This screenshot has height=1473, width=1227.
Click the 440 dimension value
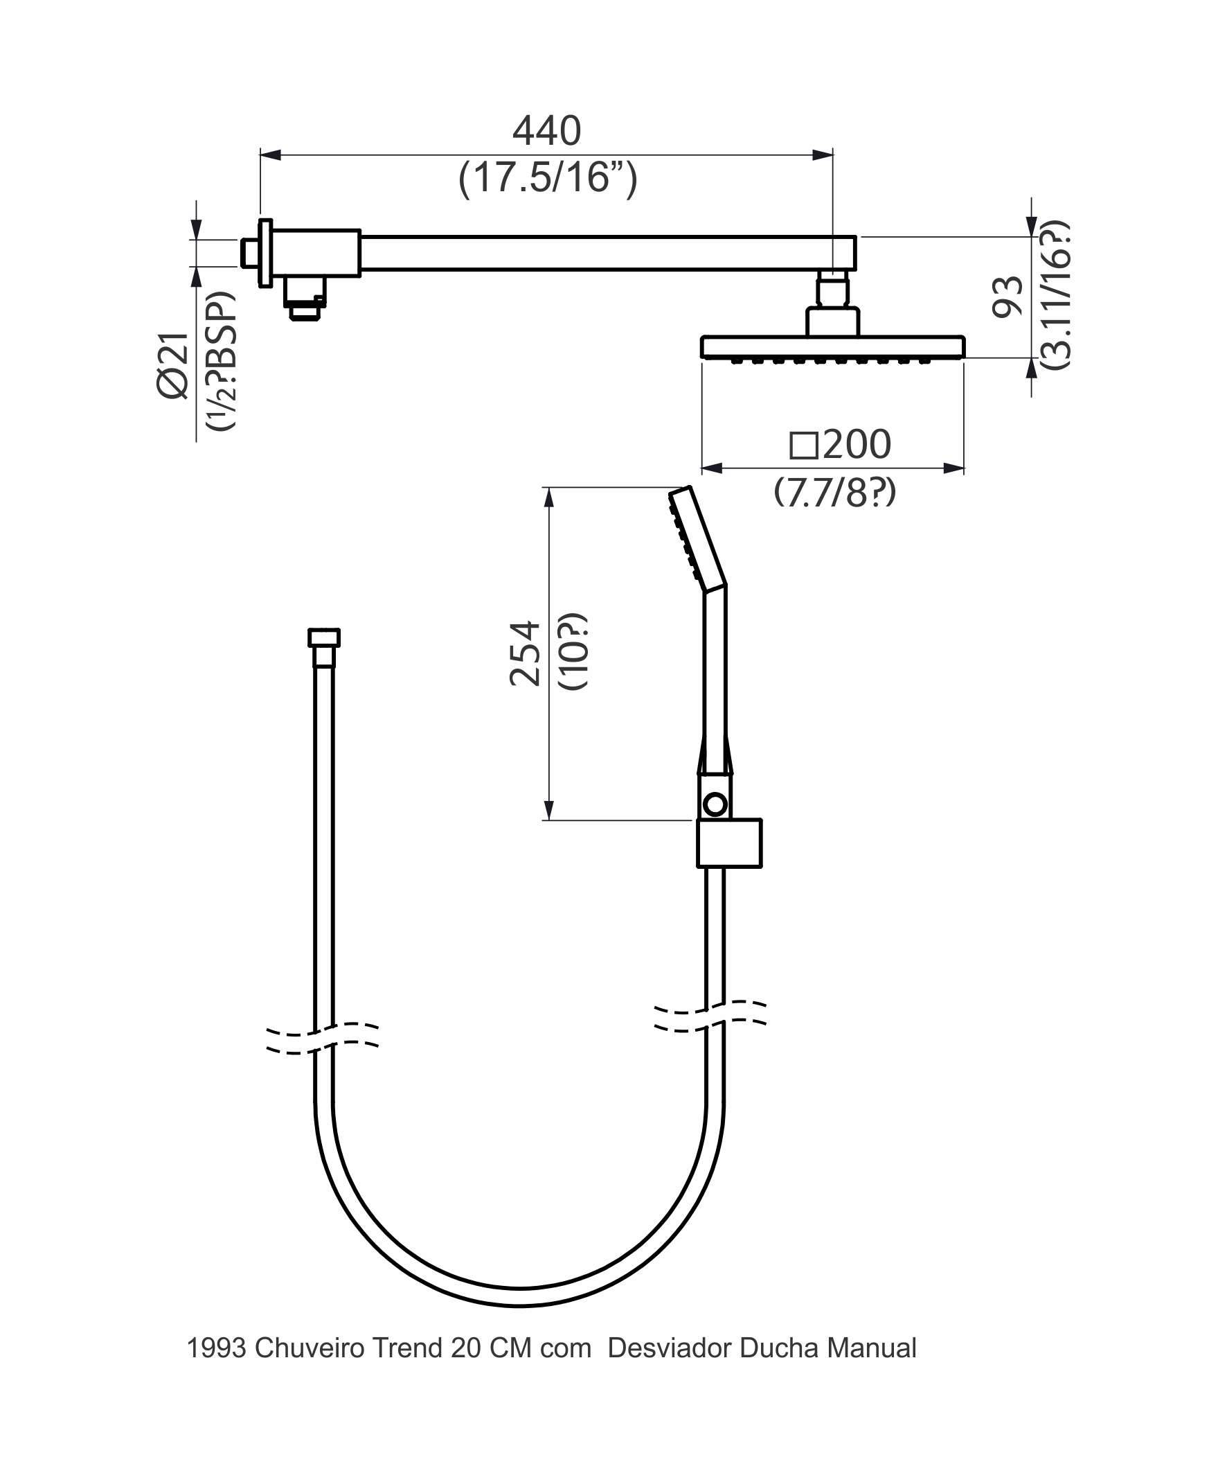546,131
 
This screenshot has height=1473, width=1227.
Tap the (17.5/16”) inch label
548,178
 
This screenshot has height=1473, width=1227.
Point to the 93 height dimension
1008,297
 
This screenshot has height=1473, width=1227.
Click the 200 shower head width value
856,445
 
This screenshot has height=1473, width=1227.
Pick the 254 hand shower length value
525,653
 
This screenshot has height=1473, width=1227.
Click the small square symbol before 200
803,446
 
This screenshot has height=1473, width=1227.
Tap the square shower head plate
833,347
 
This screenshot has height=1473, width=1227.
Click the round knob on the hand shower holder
715,804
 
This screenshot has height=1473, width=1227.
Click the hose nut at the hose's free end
324,637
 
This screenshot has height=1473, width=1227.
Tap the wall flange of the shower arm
265,252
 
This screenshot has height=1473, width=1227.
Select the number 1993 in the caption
216,1348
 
